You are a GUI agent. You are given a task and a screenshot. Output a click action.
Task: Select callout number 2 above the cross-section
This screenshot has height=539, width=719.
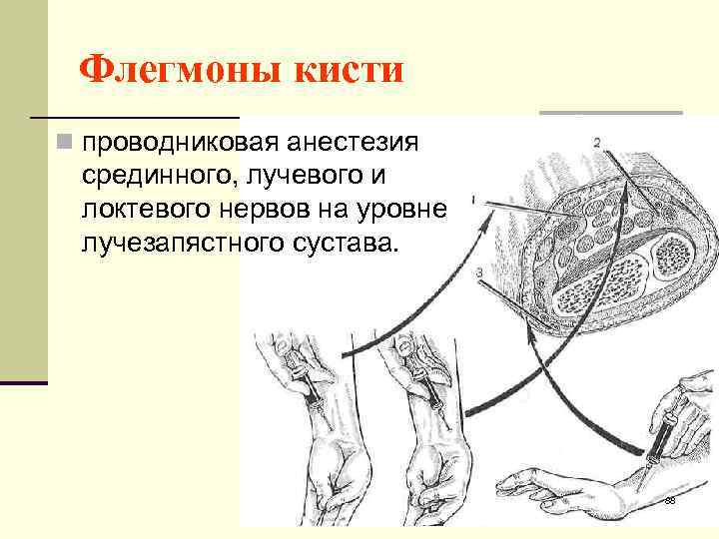pyautogui.click(x=596, y=143)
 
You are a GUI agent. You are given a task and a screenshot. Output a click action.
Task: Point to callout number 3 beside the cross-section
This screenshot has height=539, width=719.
pyautogui.click(x=480, y=272)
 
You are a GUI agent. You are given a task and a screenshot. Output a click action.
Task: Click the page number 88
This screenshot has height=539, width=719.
pyautogui.click(x=669, y=499)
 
